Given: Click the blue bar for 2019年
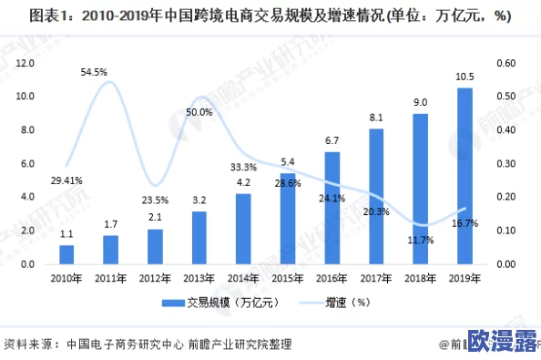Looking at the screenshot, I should point(464,176).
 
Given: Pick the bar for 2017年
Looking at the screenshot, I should point(376,196).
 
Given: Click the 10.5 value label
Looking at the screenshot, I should point(464,77).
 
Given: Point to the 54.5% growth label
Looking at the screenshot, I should point(94,71).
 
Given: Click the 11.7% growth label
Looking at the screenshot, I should point(419,241).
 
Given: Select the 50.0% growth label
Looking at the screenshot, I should point(199,112).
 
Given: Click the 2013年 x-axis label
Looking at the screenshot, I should point(199,278).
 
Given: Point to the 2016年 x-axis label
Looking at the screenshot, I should point(332,278).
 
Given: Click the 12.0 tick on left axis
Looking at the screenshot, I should point(25,63).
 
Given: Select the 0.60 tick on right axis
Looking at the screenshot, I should point(505,63).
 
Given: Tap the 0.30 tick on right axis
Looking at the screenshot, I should point(505,164).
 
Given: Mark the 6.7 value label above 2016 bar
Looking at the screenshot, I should point(332,140).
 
